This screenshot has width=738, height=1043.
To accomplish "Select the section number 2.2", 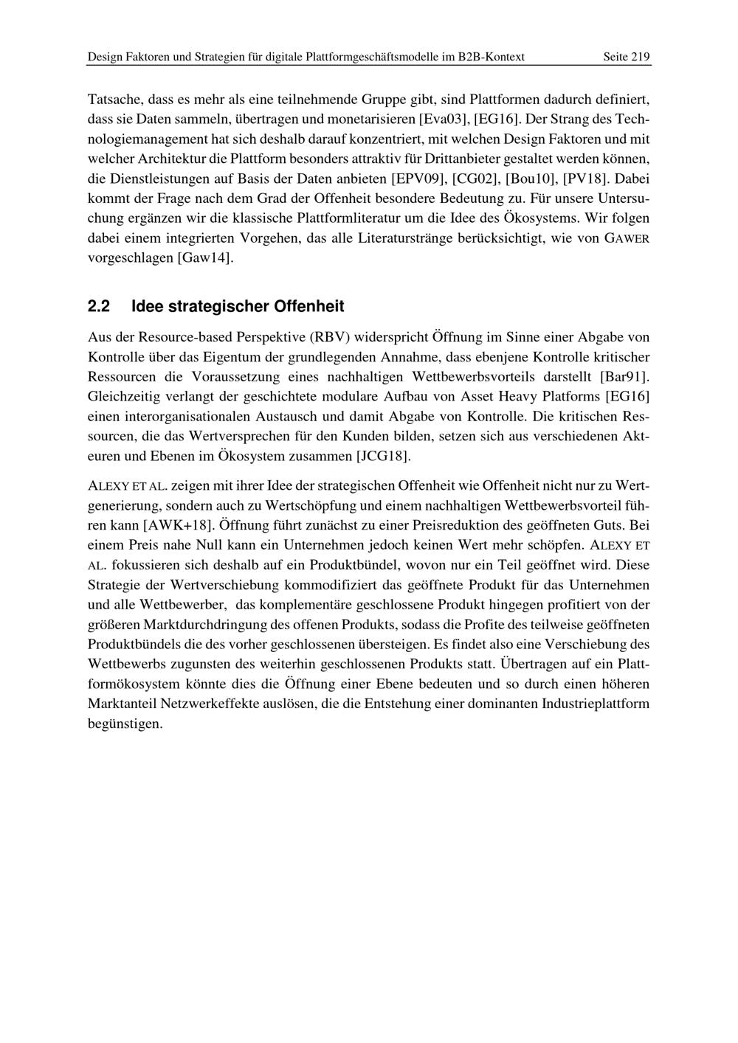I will pyautogui.click(x=99, y=306).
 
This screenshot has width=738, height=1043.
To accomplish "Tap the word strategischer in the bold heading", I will pyautogui.click(x=220, y=306).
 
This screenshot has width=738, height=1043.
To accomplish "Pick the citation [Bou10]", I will pyautogui.click(x=531, y=179).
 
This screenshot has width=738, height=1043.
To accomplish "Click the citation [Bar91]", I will pyautogui.click(x=625, y=377).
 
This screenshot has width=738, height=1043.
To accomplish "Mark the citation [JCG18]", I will pyautogui.click(x=383, y=456).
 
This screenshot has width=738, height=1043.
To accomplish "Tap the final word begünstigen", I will pyautogui.click(x=125, y=723).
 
